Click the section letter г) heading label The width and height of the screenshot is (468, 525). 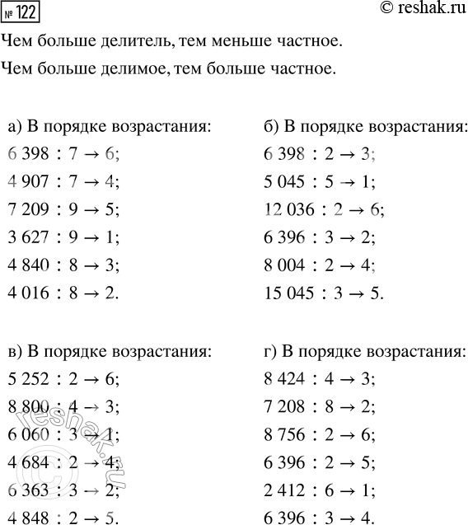[269, 353]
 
